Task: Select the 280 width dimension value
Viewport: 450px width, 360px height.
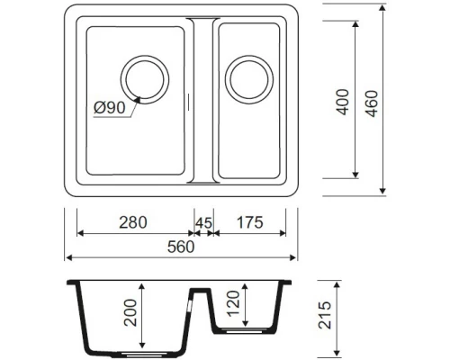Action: tap(133, 221)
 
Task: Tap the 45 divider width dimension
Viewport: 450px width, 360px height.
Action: tap(203, 221)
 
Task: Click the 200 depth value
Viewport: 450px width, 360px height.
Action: tap(132, 318)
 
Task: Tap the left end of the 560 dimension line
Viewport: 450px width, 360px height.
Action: tap(67, 257)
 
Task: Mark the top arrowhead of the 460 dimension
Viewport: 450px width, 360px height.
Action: tap(384, 11)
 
